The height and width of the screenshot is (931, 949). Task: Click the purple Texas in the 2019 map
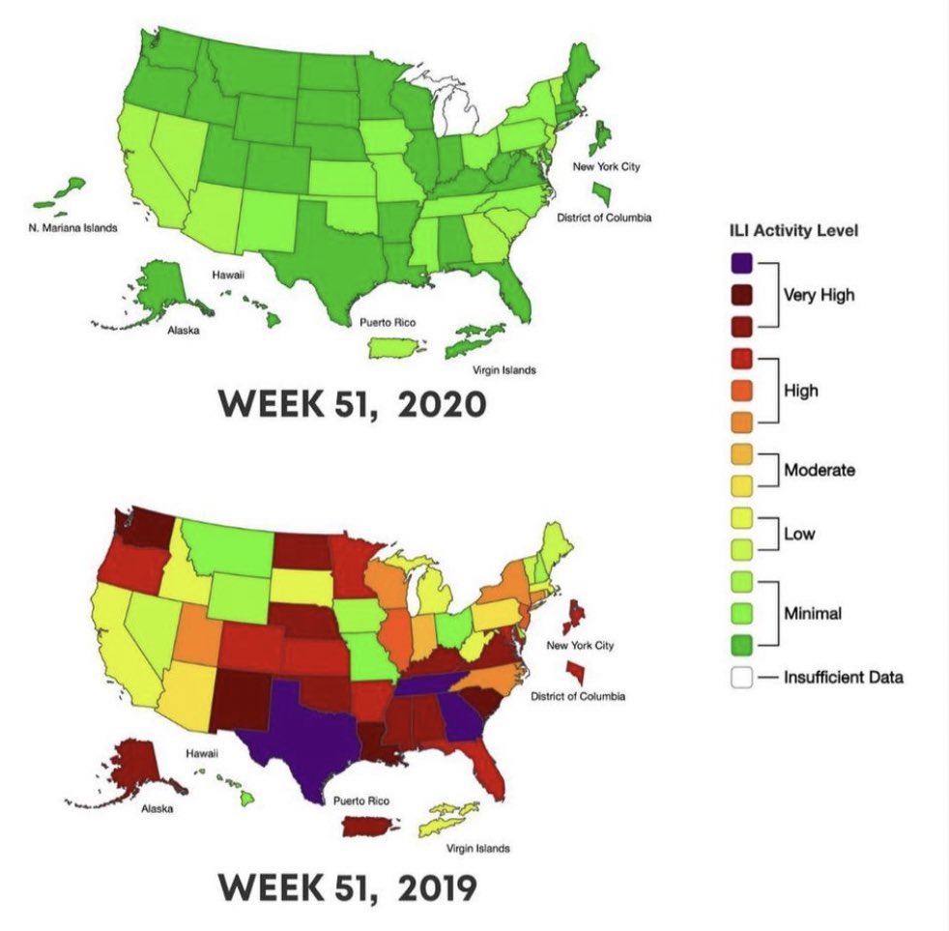(300, 735)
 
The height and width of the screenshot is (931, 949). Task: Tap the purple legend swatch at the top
(741, 262)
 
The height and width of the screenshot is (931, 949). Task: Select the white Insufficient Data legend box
(741, 678)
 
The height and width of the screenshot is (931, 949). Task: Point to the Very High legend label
(818, 295)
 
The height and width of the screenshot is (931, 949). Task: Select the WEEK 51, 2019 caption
(346, 886)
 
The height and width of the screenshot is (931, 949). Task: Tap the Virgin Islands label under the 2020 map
(503, 370)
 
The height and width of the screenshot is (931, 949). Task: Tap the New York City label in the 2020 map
(606, 166)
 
